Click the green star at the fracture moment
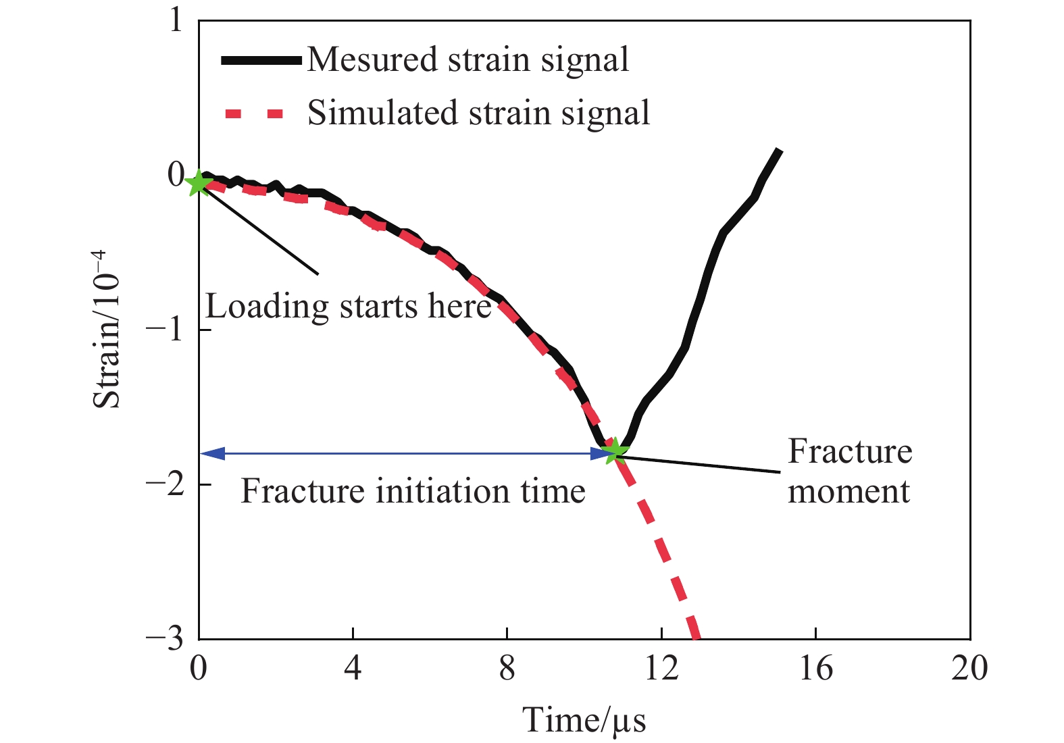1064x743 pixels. coord(614,451)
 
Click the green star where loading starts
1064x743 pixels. coord(199,182)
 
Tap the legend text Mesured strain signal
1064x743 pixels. coord(467,59)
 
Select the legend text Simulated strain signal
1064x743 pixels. coord(478,112)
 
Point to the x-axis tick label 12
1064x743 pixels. coord(661,669)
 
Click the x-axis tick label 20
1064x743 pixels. coord(969,669)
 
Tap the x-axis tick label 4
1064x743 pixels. coord(353,669)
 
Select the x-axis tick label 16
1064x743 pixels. coord(815,669)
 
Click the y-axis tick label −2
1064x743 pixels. coord(165,485)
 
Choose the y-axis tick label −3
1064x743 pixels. coord(165,639)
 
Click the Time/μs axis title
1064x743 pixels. coord(584,720)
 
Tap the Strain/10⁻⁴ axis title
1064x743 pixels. coord(107,329)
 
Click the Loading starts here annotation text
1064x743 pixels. coord(348,307)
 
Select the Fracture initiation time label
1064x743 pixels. coord(413,491)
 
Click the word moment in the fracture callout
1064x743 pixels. coord(848,491)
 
